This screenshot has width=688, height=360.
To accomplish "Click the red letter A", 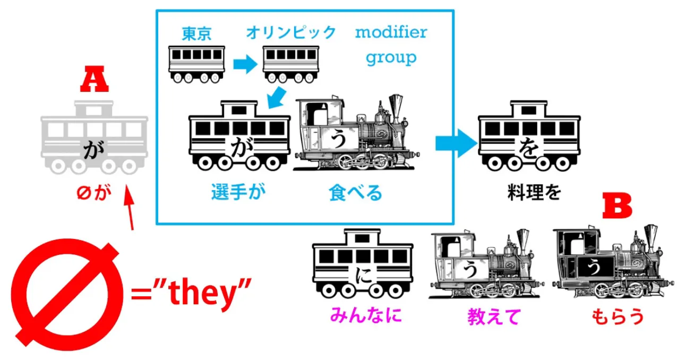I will [x=94, y=83].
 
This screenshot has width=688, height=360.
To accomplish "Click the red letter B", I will [x=617, y=206].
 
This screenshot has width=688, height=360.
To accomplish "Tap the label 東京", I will [x=196, y=34].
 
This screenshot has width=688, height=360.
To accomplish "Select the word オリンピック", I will [x=291, y=33].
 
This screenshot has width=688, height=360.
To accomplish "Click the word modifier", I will [x=391, y=32].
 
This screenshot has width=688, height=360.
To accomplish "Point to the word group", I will [x=391, y=57].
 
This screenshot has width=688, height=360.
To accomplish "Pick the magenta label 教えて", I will [x=493, y=317].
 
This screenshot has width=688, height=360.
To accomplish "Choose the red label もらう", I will [x=617, y=317].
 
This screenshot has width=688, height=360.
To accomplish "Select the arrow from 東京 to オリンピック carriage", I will [x=244, y=64].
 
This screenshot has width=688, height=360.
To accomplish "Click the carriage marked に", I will [x=363, y=264].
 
